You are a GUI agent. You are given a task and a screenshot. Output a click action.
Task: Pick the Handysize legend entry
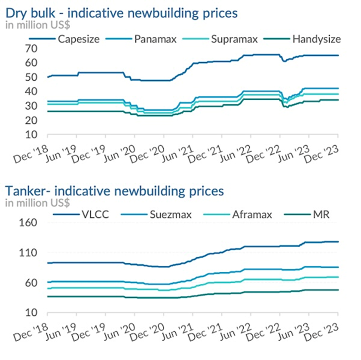pos(316,39)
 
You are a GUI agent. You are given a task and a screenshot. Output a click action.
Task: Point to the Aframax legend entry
pos(252,215)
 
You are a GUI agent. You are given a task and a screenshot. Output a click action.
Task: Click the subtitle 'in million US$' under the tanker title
pos(37,202)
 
